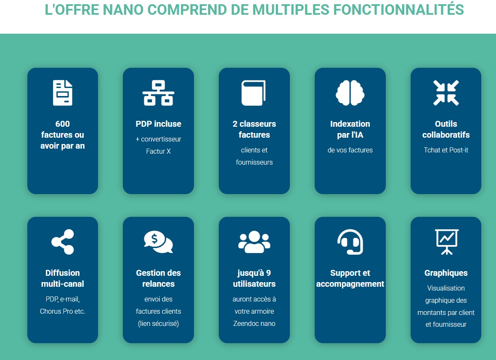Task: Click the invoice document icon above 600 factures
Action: coord(63,93)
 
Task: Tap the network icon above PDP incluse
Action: coord(159,93)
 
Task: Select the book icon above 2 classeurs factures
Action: coord(253,93)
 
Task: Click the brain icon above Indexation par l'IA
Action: coord(350,93)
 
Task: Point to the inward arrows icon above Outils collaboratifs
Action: coord(446,93)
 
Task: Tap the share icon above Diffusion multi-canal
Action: coord(63,242)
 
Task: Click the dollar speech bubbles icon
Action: coord(159,242)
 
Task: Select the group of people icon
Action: coord(255,242)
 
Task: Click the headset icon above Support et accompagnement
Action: coord(350,242)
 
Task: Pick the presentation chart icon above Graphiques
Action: coord(447,242)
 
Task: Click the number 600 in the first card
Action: coord(63,124)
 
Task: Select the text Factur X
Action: coord(159,151)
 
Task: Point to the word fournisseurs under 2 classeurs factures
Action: coord(255,162)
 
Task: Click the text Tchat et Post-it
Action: coord(446,150)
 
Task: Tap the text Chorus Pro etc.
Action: coord(63,311)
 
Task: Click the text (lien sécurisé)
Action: coord(159,324)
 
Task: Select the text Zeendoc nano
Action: coord(255,324)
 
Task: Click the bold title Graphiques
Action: coord(446,273)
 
